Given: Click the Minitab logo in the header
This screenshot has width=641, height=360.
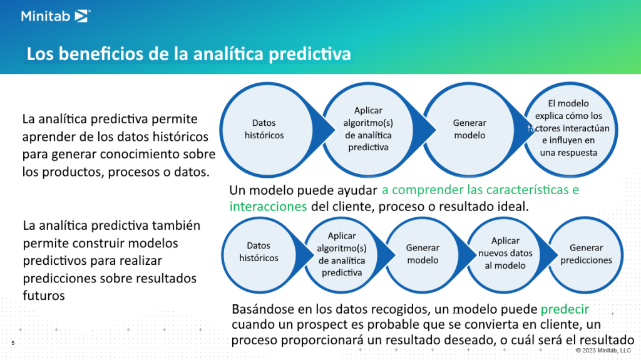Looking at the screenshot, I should click(x=55, y=16).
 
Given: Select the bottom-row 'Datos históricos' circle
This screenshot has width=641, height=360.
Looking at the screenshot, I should click(x=259, y=252).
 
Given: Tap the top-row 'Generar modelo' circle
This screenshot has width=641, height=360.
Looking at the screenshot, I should click(x=469, y=129).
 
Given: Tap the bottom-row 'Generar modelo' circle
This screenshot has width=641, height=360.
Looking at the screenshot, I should click(x=423, y=254).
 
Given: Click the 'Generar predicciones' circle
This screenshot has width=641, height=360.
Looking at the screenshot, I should click(x=586, y=254).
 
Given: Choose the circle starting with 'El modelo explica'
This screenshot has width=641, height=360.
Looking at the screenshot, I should click(x=568, y=128).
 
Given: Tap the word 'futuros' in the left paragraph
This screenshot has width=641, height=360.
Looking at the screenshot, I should click(x=43, y=296).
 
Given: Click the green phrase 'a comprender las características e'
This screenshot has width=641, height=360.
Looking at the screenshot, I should click(x=480, y=190).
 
